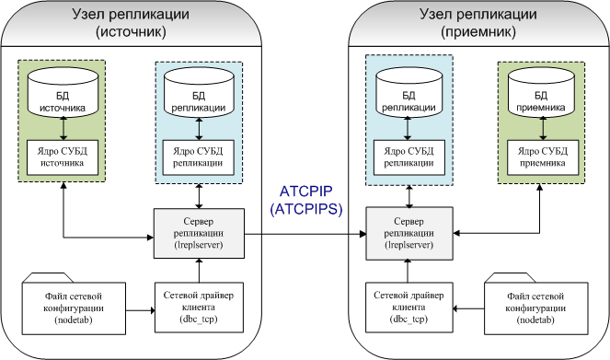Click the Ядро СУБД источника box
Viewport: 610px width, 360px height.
pyautogui.click(x=62, y=157)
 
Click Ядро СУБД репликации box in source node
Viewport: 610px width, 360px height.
pyautogui.click(x=199, y=156)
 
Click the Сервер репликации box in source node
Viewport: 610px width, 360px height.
pyautogui.click(x=199, y=231)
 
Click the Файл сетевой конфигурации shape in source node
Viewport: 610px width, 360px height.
pyautogui.click(x=73, y=307)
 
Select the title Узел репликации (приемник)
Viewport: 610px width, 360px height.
pyautogui.click(x=478, y=23)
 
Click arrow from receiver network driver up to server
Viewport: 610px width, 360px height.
pyautogui.click(x=408, y=267)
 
